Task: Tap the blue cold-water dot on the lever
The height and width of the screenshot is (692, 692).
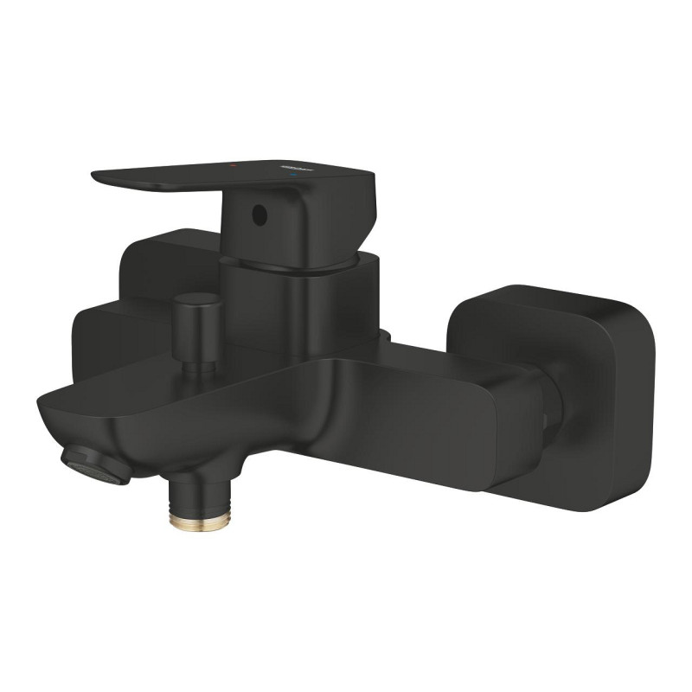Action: tap(298, 174)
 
